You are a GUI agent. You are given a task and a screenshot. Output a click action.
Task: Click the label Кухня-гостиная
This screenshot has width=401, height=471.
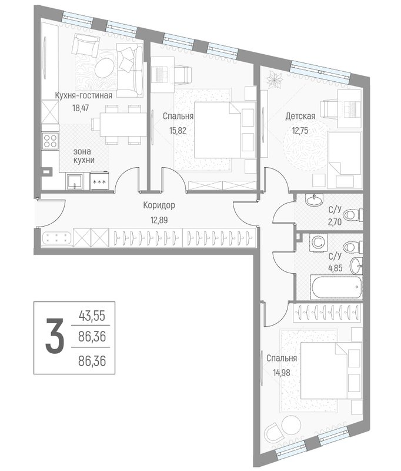point(83,94)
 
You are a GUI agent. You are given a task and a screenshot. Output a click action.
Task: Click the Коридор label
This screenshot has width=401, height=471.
point(159,206)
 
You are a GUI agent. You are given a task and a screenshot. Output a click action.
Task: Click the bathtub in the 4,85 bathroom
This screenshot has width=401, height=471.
point(333,288)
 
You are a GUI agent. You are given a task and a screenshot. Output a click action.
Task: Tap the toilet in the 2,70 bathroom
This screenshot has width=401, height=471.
point(351,214)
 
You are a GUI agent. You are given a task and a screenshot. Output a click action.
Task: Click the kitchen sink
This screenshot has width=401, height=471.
point(75,181)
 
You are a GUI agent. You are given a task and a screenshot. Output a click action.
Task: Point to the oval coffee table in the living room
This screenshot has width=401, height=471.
point(105,67)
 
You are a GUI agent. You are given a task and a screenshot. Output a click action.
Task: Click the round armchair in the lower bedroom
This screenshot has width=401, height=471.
point(277,434)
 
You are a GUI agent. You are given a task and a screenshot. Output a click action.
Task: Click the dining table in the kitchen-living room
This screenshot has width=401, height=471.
point(118,125)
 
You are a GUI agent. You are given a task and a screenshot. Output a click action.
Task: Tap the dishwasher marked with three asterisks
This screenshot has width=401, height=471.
point(99,183)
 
